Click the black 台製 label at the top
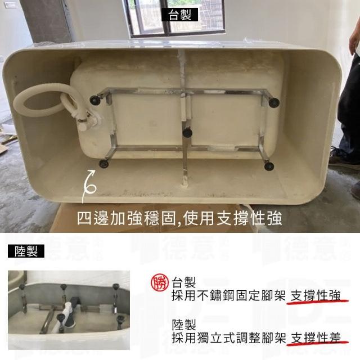(180, 15)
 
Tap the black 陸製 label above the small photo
(26, 251)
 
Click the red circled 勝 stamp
(159, 282)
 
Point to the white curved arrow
(88, 186)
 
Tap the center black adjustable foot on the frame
(187, 133)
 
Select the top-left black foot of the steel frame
(94, 100)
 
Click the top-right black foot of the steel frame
(274, 102)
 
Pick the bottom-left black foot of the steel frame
(103, 164)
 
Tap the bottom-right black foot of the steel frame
(269, 166)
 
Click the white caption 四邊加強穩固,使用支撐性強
(179, 218)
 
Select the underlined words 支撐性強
(316, 295)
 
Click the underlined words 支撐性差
(316, 337)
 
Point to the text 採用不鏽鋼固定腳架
(229, 295)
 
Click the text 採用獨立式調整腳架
(229, 337)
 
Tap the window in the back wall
(174, 18)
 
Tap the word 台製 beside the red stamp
(184, 282)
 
